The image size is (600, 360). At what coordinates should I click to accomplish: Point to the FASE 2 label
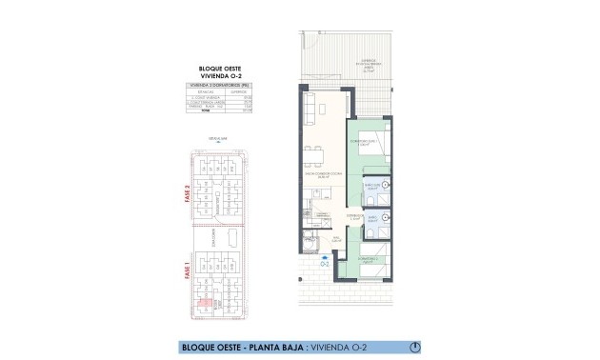tap(188, 194)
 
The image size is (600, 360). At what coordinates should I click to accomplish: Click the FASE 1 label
tap(188, 273)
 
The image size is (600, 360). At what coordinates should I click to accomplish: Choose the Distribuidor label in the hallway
tap(351, 219)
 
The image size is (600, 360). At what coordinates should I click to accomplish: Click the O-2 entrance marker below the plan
tap(326, 263)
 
